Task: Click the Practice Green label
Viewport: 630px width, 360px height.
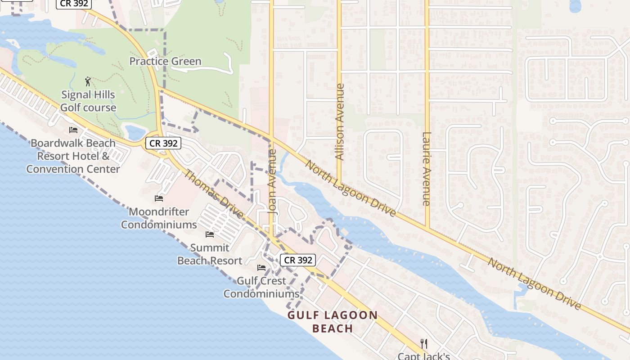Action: (165, 61)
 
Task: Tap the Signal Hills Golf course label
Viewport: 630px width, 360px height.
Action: (88, 101)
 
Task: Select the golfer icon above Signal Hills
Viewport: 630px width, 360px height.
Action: (88, 81)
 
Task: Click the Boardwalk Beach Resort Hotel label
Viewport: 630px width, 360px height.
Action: (73, 156)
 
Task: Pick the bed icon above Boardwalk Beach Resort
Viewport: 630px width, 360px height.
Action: (73, 130)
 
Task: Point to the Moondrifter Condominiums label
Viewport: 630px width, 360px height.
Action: (159, 218)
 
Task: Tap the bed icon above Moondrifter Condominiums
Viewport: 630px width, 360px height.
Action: (159, 198)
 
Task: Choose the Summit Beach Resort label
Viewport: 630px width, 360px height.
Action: (210, 254)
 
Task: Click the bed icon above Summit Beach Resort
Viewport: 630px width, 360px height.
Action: (210, 234)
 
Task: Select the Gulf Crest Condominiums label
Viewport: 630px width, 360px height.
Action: (261, 287)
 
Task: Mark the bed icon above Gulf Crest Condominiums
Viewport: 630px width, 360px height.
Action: (261, 268)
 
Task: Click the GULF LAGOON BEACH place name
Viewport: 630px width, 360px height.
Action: (333, 321)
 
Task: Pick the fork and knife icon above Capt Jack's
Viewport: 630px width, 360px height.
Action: (423, 344)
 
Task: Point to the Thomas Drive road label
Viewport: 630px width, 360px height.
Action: (214, 193)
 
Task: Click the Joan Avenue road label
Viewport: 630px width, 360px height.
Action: (272, 181)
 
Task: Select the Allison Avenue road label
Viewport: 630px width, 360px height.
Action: (340, 122)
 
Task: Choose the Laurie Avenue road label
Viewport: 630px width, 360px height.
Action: (427, 169)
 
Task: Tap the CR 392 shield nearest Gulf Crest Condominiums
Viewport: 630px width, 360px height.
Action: (298, 260)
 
